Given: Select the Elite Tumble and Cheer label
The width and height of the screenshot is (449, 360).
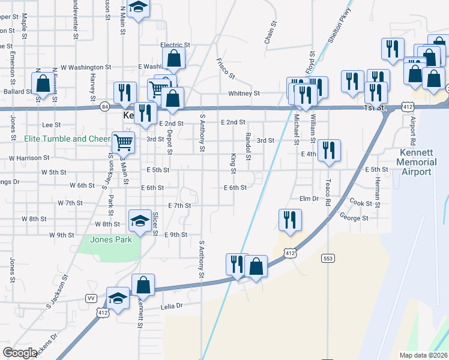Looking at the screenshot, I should pyautogui.click(x=67, y=139).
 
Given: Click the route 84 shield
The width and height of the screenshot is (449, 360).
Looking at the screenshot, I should pyautogui.click(x=105, y=107).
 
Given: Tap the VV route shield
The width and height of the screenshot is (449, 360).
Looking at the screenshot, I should pyautogui.click(x=91, y=298).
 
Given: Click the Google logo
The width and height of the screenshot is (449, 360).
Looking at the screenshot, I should pyautogui.click(x=20, y=353).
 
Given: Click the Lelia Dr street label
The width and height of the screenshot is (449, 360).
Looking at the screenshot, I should pyautogui.click(x=171, y=306).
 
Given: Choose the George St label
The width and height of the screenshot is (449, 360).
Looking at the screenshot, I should pyautogui.click(x=354, y=218).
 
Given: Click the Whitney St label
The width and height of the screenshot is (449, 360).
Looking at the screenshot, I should pyautogui.click(x=244, y=94).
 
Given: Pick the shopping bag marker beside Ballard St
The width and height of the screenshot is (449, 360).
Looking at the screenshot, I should pyautogui.click(x=43, y=83).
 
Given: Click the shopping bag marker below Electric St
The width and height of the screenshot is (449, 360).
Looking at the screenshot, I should pyautogui.click(x=173, y=58).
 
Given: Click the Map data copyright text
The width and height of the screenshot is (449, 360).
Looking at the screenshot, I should pyautogui.click(x=424, y=355).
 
